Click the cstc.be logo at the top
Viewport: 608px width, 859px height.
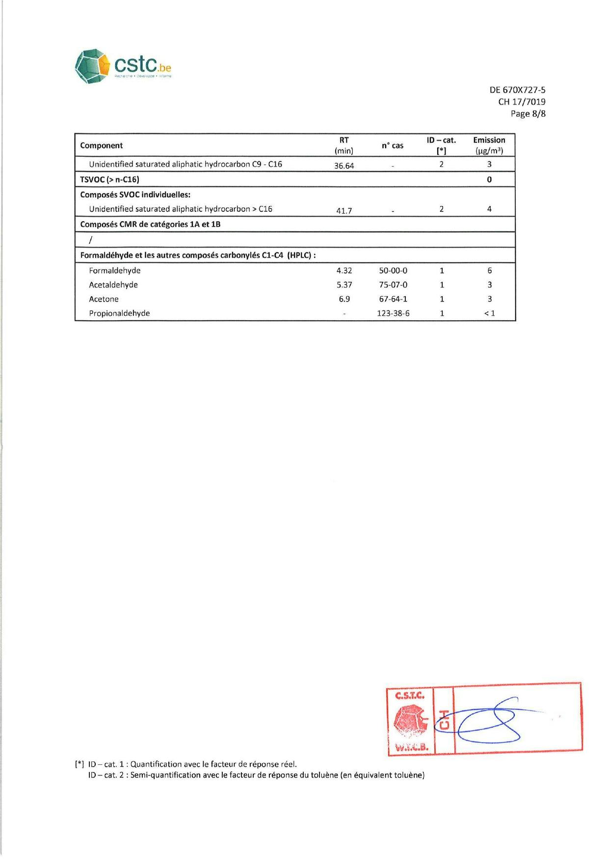[123, 66]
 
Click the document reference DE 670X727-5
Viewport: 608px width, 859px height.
[517, 90]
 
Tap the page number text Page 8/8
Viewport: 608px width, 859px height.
[528, 114]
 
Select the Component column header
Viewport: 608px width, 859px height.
[102, 146]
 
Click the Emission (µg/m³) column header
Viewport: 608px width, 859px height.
[489, 146]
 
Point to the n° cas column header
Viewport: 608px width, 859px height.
[393, 146]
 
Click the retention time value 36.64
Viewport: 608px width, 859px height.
[344, 166]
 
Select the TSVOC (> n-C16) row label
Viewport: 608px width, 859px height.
[109, 179]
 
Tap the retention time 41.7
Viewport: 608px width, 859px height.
[344, 211]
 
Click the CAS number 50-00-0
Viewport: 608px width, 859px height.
[393, 271]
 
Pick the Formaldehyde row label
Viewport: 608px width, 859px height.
[115, 271]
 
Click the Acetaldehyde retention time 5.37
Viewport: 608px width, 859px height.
[344, 285]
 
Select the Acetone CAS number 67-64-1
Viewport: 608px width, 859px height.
[393, 299]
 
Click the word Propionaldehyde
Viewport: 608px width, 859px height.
[119, 313]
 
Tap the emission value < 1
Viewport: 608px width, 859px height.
[489, 313]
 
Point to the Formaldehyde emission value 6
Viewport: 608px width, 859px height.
[489, 271]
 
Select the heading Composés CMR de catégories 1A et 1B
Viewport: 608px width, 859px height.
[150, 225]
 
